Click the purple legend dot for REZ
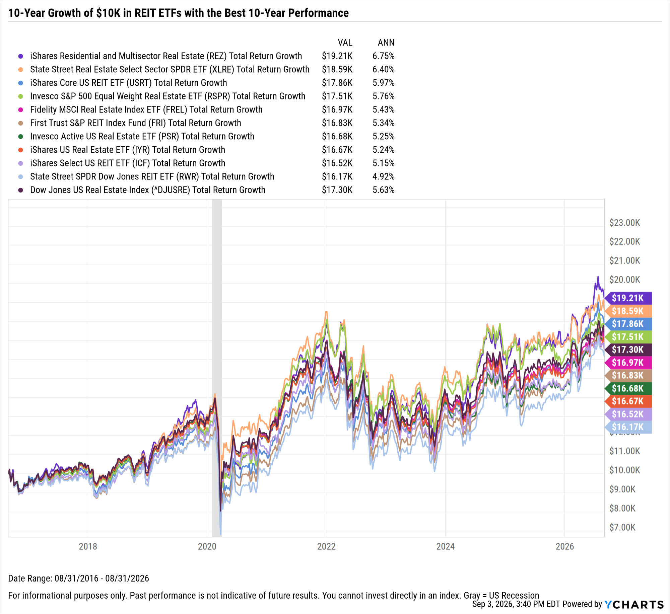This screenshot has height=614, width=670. (x=21, y=56)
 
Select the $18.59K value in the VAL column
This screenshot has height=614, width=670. (x=337, y=69)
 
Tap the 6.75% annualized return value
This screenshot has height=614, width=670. (x=384, y=56)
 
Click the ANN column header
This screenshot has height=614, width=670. (x=386, y=43)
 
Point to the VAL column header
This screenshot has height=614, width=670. (x=345, y=43)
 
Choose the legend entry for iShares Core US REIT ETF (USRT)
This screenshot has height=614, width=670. (x=129, y=83)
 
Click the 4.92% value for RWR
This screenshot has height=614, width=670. (x=384, y=176)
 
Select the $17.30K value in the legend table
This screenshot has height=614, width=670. (x=337, y=190)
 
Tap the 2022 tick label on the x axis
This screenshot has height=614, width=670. (x=326, y=546)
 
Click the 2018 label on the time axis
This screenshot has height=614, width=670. (x=88, y=546)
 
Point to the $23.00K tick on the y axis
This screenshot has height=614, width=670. (x=625, y=223)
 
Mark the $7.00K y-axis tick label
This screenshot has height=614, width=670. (x=622, y=527)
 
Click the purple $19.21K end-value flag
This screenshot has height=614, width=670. (x=628, y=298)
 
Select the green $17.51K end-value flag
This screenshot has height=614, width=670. (x=628, y=337)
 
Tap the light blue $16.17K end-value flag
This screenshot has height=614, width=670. (x=628, y=427)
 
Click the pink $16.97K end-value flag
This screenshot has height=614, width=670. (x=628, y=363)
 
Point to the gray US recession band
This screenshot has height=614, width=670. (x=217, y=368)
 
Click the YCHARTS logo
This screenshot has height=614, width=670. (x=634, y=604)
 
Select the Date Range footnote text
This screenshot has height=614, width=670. (x=78, y=578)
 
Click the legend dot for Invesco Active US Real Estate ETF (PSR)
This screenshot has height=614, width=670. (x=21, y=137)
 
